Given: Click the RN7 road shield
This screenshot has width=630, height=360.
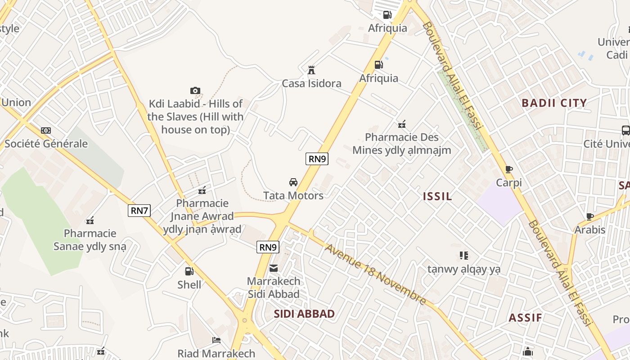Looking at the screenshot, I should tap(139, 211).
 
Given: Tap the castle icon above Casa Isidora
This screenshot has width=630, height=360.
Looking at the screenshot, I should tap(311, 70).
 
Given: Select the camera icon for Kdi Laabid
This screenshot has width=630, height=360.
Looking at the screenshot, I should tap(195, 91).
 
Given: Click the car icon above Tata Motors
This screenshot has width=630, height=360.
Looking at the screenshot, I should tap(293, 182).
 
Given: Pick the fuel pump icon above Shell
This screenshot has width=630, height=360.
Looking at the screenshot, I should tap(189, 271).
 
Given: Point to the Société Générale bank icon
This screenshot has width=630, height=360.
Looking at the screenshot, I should tap(46, 130).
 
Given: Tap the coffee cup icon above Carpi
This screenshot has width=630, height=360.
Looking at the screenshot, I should tap(509, 169).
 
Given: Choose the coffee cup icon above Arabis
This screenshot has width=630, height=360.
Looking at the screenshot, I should tap(590, 216).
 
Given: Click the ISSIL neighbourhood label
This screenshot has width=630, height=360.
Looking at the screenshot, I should tap(437, 196).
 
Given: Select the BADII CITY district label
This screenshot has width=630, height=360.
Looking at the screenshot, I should tap(554, 103).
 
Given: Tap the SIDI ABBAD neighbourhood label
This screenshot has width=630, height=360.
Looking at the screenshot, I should tap(304, 314).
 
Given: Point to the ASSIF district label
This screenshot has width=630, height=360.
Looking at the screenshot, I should tap(525, 318).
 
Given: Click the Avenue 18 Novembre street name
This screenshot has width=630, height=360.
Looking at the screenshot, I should tap(375, 274).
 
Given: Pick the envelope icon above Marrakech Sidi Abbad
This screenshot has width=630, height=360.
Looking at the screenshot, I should tap(274, 268).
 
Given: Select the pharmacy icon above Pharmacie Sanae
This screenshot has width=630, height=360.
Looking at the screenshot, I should tap(90, 220).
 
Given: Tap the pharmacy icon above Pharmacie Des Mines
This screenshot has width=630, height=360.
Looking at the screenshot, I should tap(402, 124).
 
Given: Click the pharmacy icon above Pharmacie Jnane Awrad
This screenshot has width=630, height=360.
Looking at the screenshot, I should tap(202, 190).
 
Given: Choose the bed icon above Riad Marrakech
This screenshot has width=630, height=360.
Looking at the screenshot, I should tap(216, 340).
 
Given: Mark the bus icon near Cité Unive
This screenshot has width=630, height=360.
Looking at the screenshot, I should tap(625, 130).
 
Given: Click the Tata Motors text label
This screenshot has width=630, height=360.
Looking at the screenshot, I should tap(293, 196).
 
